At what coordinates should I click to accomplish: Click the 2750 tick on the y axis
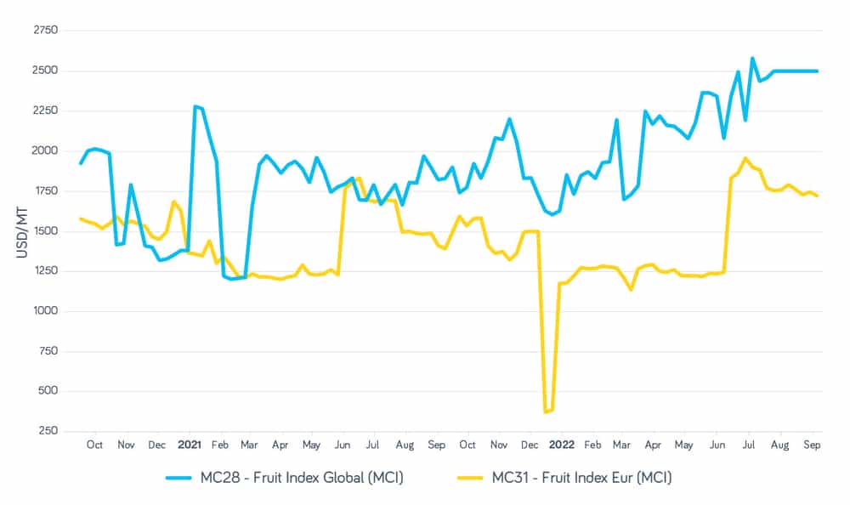tap(45, 31)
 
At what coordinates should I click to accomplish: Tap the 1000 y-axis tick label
tap(45, 311)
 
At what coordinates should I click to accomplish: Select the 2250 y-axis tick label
tap(45, 111)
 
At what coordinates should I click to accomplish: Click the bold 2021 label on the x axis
tap(189, 445)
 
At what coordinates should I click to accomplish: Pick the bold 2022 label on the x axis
tap(561, 445)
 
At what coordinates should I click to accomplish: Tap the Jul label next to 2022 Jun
tap(750, 445)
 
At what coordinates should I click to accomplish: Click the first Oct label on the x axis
tap(94, 445)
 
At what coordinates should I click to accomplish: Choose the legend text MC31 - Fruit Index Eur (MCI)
tap(582, 479)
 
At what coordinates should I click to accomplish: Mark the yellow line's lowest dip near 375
tap(546, 411)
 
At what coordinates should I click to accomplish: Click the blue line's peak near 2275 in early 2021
tap(195, 106)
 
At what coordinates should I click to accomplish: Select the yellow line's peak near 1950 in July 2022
tap(745, 158)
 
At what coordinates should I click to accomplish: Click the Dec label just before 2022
tap(530, 445)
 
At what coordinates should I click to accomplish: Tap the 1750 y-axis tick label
tap(45, 191)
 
